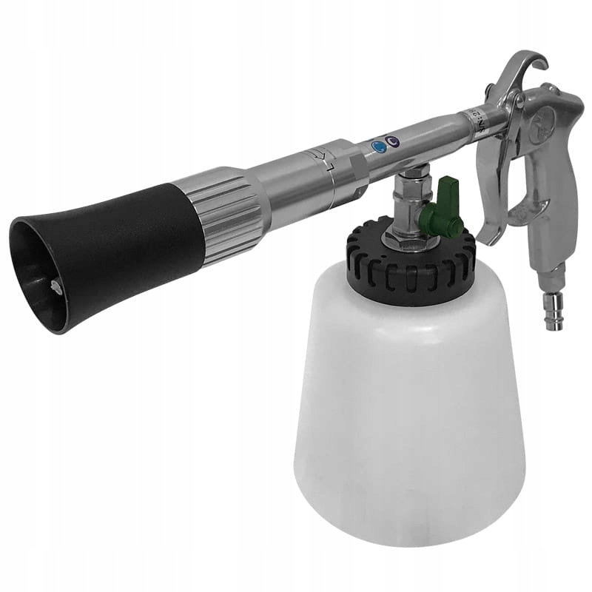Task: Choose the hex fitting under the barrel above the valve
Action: [411, 182]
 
